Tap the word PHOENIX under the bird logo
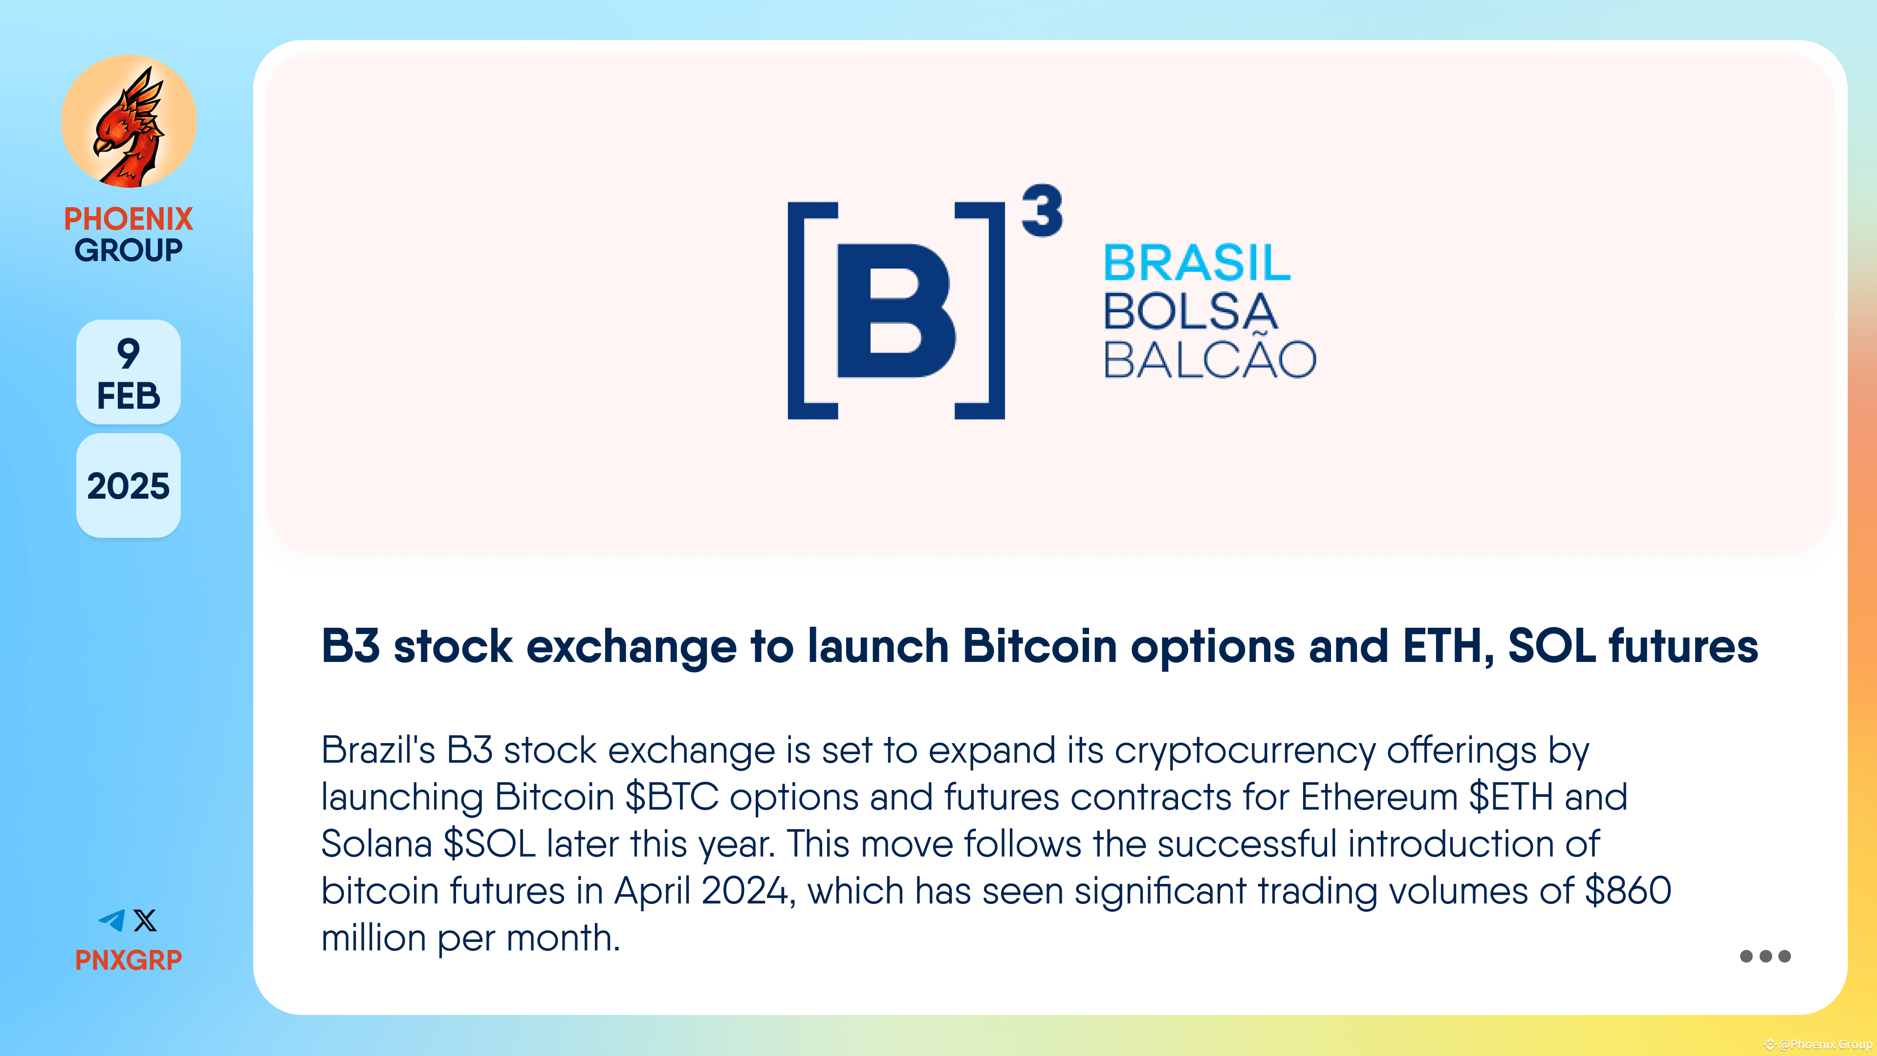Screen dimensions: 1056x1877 (128, 219)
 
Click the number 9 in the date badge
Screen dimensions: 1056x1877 (128, 353)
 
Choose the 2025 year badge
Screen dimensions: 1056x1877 (128, 486)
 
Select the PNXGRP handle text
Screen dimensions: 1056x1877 (128, 960)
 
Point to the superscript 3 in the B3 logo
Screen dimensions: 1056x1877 (1042, 211)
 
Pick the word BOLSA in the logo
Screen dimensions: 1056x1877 (1191, 312)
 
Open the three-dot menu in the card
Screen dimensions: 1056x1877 (1765, 956)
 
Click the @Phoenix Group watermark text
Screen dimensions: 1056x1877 (1825, 1044)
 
